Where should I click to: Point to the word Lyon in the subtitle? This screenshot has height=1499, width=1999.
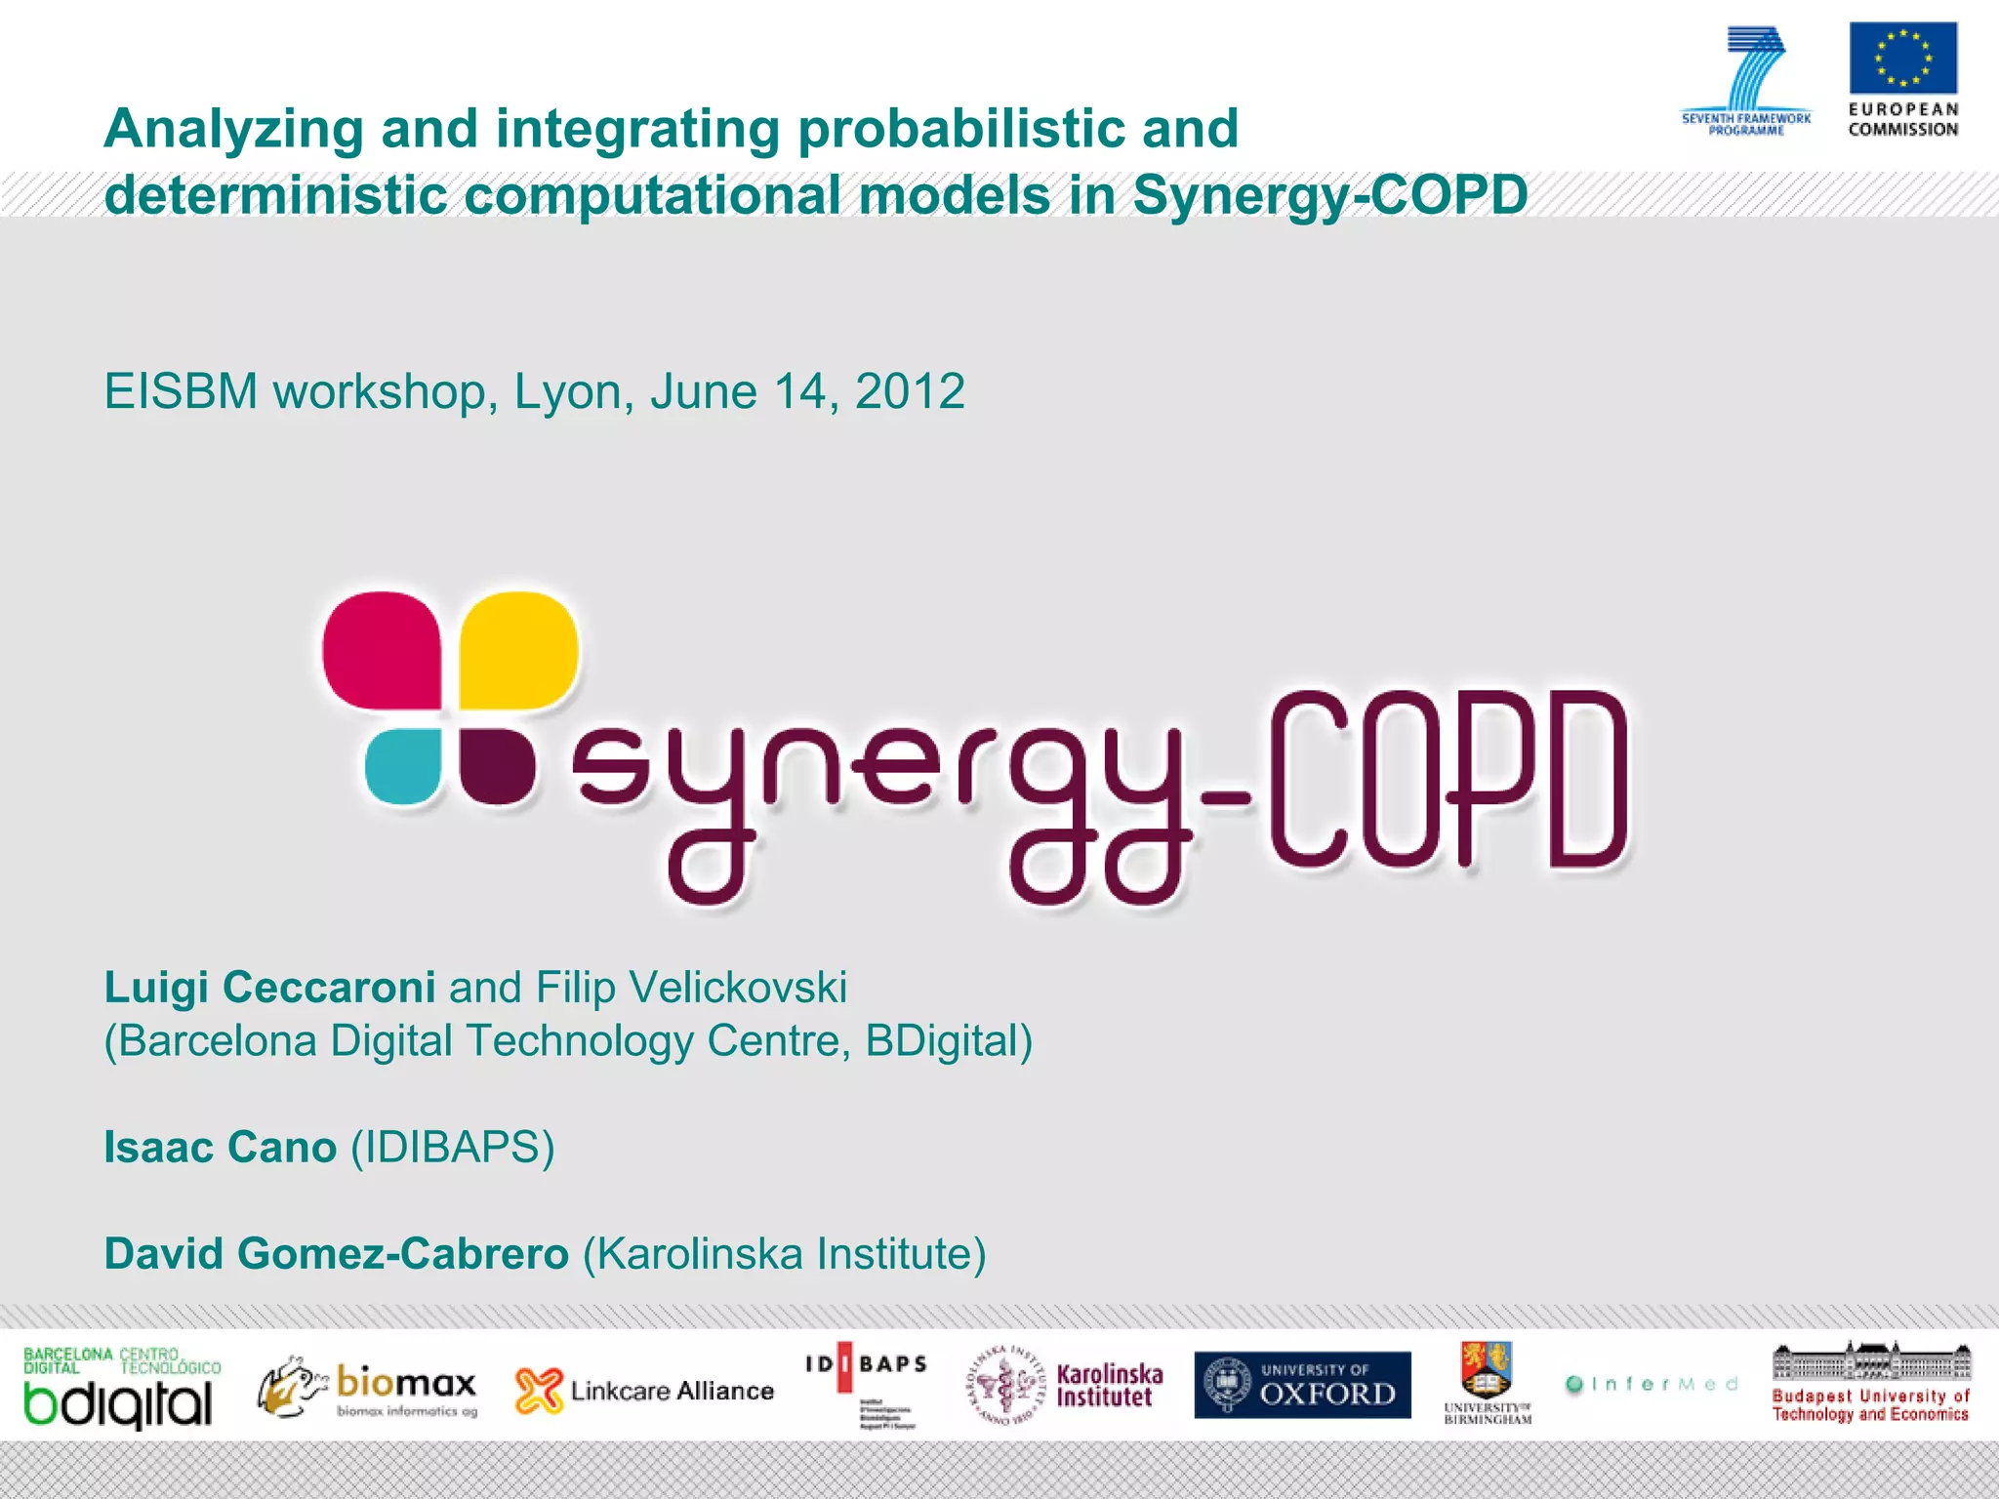(567, 392)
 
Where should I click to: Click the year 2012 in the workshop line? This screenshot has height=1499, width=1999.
(910, 392)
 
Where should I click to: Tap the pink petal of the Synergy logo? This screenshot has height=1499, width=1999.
(382, 649)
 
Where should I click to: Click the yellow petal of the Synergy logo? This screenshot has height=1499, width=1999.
(518, 649)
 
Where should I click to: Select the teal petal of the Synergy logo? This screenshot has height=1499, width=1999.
(403, 766)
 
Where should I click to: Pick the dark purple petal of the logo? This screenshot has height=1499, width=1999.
(497, 766)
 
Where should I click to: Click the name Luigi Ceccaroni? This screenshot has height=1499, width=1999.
(269, 988)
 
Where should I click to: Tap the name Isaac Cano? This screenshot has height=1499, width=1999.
(221, 1148)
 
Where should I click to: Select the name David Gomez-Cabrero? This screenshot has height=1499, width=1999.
(336, 1254)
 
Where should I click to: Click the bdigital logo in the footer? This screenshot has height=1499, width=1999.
(119, 1389)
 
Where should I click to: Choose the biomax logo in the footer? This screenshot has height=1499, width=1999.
(369, 1387)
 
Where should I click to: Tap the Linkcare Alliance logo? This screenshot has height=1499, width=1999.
(644, 1390)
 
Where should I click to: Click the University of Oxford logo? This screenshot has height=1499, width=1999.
(1302, 1385)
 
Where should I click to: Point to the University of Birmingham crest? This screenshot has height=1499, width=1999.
(1487, 1371)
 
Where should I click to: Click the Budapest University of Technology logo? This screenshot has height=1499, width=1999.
(1870, 1384)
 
